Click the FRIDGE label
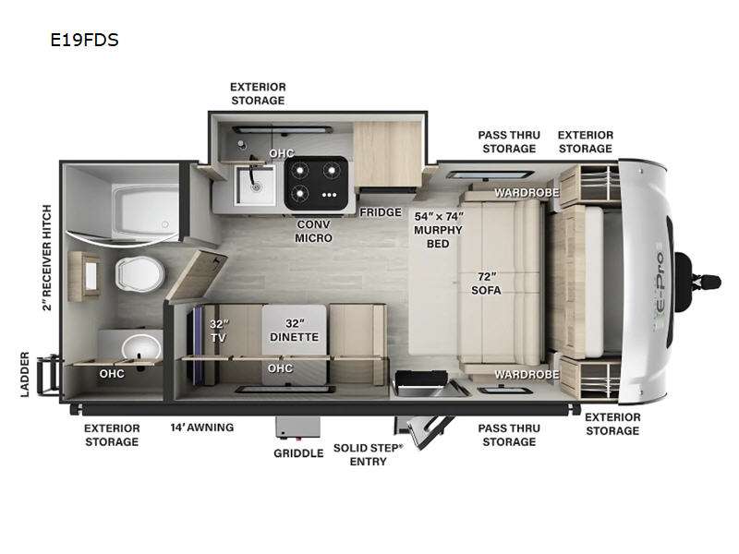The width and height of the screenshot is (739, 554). (x=381, y=211)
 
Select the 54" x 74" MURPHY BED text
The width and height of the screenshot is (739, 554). (x=437, y=229)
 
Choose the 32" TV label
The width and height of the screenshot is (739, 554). (x=218, y=331)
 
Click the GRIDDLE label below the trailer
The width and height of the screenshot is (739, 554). (x=297, y=453)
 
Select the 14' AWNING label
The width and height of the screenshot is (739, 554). (x=201, y=428)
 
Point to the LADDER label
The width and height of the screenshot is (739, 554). (x=26, y=374)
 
